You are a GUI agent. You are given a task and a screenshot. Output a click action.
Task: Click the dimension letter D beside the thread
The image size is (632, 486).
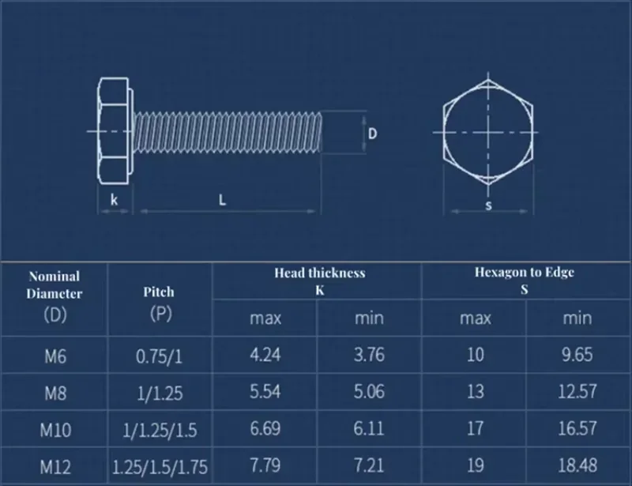coord(372,134)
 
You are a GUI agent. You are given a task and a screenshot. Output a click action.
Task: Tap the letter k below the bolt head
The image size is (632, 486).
coord(114,199)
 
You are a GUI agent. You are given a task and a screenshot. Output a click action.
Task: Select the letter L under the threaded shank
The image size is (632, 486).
coord(222,199)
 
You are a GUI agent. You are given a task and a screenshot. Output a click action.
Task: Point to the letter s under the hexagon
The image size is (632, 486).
coord(488,205)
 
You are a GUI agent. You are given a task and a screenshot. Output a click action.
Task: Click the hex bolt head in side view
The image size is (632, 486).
coord(114,131)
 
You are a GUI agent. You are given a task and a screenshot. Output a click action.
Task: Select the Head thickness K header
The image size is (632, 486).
coord(320,281)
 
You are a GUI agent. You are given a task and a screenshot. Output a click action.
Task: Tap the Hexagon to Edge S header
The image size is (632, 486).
coord(525,281)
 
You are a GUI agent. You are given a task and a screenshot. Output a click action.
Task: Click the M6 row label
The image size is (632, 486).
coord(55,356)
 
